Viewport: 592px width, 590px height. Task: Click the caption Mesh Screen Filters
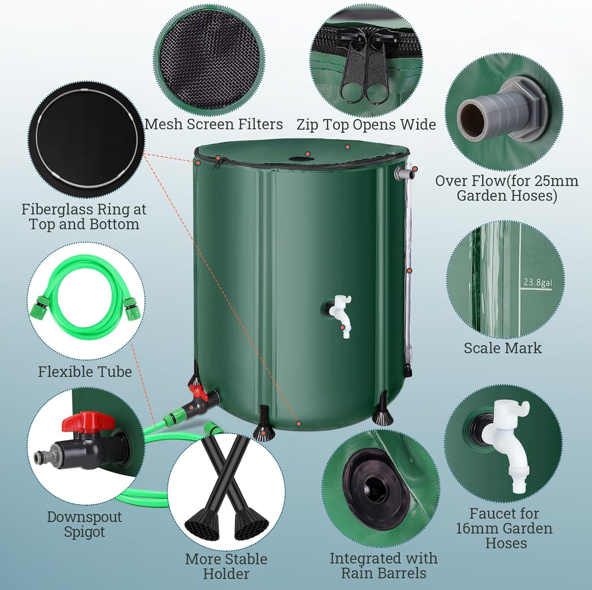[x=213, y=124]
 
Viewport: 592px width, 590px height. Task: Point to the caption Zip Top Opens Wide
[x=366, y=124]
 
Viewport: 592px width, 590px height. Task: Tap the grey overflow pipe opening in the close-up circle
[x=471, y=115]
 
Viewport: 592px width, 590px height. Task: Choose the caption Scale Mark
[x=502, y=348]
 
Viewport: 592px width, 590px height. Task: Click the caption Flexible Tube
[x=85, y=371]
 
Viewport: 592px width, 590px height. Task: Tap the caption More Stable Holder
[x=226, y=566]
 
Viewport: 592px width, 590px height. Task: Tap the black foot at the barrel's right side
[x=383, y=414]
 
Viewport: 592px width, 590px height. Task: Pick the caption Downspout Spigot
[x=84, y=524]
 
